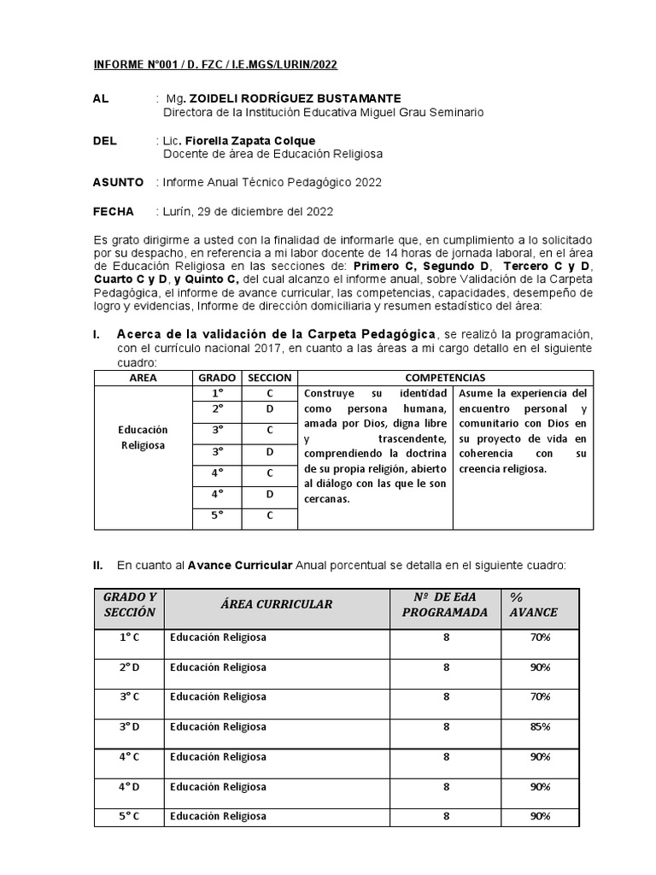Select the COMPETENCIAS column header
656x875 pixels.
pyautogui.click(x=444, y=377)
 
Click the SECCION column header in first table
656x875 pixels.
pyautogui.click(x=270, y=377)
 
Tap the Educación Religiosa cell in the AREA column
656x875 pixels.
pyautogui.click(x=143, y=437)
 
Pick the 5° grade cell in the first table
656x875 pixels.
pyautogui.click(x=218, y=514)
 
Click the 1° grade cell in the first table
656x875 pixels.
pyautogui.click(x=218, y=393)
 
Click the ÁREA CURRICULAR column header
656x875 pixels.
pyautogui.click(x=276, y=604)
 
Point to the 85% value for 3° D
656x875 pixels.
pyautogui.click(x=539, y=726)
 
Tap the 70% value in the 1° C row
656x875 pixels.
pyautogui.click(x=539, y=637)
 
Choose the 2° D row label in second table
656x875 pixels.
pyautogui.click(x=129, y=667)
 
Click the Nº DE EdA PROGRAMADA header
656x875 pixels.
pyautogui.click(x=445, y=604)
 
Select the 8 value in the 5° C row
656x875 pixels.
pyautogui.click(x=446, y=816)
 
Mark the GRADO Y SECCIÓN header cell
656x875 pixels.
pyautogui.click(x=129, y=604)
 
